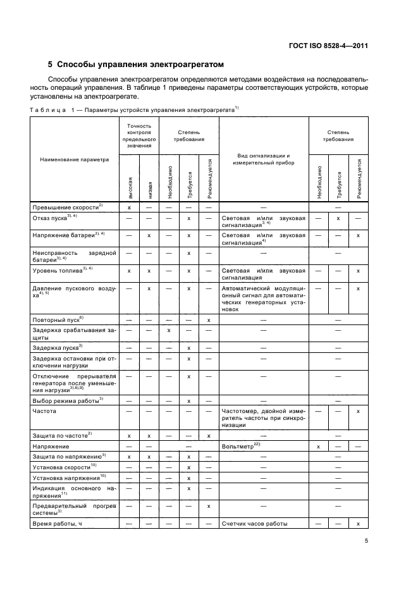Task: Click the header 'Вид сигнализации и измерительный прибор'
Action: (x=264, y=159)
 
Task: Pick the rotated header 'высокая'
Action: (x=130, y=188)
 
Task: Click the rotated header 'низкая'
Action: (x=149, y=189)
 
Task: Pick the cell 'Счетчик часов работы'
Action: (x=254, y=524)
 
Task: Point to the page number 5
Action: (x=366, y=541)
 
